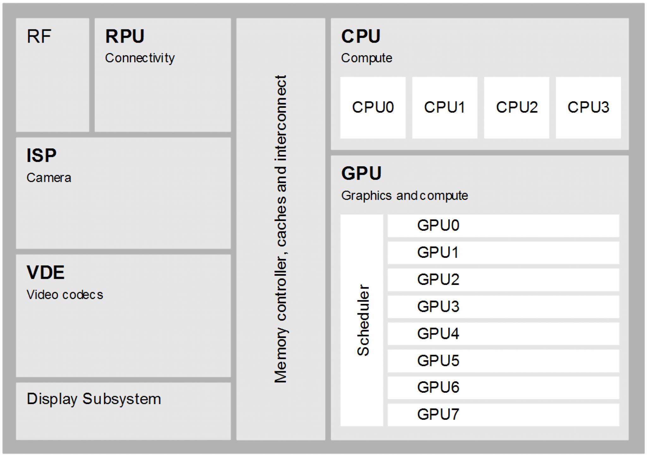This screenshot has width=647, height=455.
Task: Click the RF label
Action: click(39, 36)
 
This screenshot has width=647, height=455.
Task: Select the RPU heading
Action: click(125, 36)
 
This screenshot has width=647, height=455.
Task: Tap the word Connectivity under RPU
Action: click(140, 58)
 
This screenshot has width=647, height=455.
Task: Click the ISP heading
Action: click(41, 156)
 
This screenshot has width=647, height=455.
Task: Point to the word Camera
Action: click(49, 178)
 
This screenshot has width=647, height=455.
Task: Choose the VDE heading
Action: click(45, 273)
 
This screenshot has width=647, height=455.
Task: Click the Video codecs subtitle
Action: click(65, 295)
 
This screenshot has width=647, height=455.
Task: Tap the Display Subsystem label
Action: click(94, 399)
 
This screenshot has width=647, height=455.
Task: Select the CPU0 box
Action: click(373, 108)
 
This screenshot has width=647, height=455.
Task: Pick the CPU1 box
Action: click(444, 108)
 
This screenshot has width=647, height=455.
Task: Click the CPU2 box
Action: click(517, 108)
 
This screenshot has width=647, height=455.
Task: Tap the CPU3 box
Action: click(588, 108)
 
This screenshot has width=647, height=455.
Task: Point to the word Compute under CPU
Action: click(366, 58)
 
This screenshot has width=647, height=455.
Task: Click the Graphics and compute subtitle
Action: click(404, 196)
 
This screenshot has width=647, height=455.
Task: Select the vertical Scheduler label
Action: click(363, 320)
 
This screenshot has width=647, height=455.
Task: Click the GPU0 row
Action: click(503, 226)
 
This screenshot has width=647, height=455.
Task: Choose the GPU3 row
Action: click(503, 307)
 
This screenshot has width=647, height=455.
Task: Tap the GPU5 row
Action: click(503, 361)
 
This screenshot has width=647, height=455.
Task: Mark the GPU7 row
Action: click(503, 415)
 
